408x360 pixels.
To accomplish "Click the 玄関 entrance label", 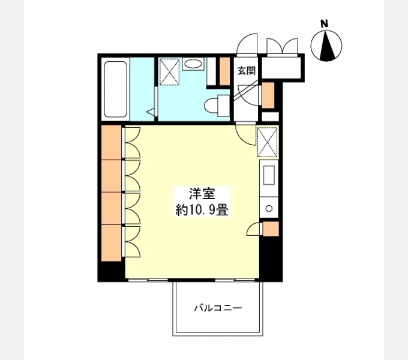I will click(x=246, y=70).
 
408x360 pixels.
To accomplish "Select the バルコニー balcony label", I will click(x=218, y=308).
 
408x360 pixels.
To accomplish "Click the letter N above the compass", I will click(x=325, y=24).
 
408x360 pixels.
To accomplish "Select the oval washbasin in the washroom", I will click(x=193, y=64).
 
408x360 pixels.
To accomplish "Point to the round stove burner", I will click(x=269, y=209).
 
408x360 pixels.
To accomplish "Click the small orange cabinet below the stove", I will click(x=271, y=229).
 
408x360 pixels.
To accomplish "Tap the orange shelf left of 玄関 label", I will click(x=225, y=70).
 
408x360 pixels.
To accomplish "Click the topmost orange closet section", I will click(x=112, y=142).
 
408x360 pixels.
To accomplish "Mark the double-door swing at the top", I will click(x=282, y=47).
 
